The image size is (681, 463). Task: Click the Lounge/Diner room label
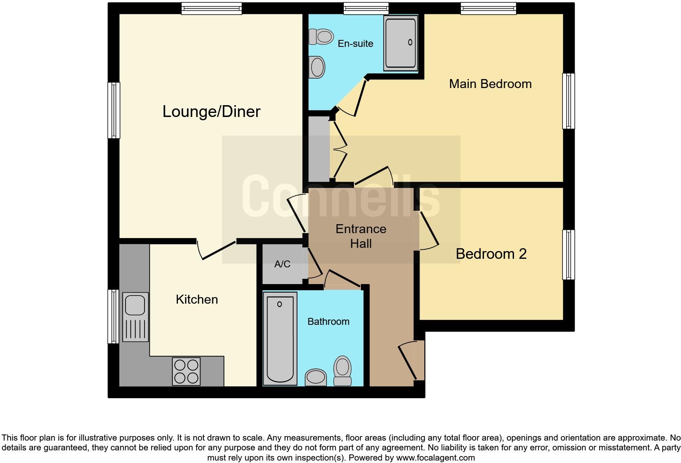(211, 112)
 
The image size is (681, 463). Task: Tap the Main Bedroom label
(490, 84)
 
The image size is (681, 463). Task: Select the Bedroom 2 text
(491, 254)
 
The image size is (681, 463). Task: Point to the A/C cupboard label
(282, 264)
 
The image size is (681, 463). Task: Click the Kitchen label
(197, 300)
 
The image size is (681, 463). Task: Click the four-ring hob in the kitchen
(186, 371)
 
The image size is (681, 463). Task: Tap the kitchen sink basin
(135, 305)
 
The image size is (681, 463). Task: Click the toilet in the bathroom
(342, 370)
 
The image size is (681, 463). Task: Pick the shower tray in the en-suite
(400, 42)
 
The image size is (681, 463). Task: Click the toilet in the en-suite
(321, 37)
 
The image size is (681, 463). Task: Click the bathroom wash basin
(316, 377)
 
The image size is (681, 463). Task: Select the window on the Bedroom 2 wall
(569, 255)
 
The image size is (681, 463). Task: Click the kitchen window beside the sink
(113, 316)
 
